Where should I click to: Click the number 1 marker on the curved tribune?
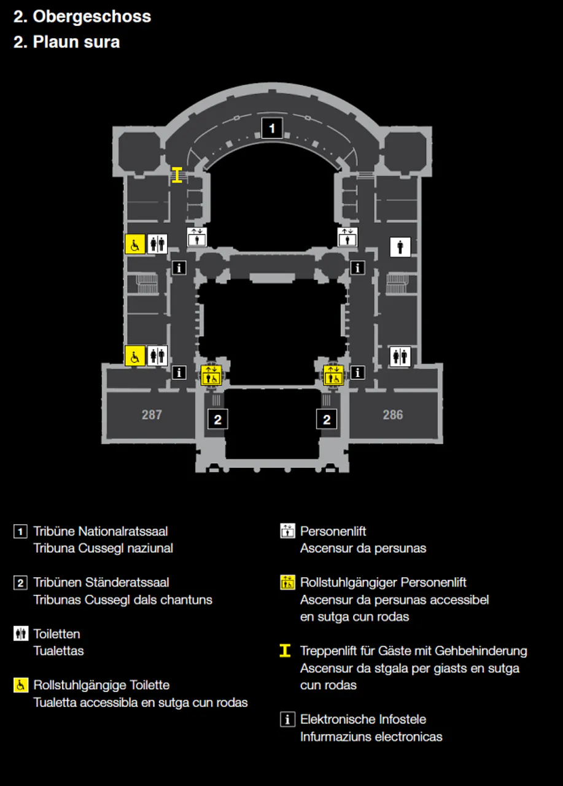[272, 128]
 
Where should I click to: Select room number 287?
[152, 414]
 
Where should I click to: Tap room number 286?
[393, 414]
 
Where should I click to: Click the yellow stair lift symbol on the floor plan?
[177, 175]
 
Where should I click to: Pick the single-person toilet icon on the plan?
[400, 247]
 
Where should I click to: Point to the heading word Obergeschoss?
[92, 17]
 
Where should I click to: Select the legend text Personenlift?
[333, 531]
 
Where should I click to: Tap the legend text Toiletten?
[57, 634]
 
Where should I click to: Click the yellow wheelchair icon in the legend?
[21, 685]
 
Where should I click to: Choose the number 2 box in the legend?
[21, 583]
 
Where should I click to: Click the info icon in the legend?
[287, 720]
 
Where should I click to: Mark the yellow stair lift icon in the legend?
[285, 650]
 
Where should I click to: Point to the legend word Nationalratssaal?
[123, 531]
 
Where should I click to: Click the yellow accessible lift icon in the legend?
[287, 583]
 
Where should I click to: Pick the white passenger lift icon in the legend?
[287, 531]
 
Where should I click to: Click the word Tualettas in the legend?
[58, 651]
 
